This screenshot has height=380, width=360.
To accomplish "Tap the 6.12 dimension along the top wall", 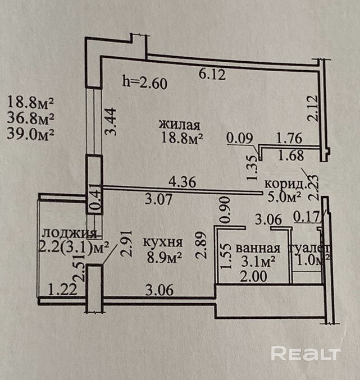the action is click(x=214, y=74).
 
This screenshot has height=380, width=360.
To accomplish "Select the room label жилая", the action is click(x=180, y=124).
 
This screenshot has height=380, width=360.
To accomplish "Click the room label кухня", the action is click(x=162, y=242).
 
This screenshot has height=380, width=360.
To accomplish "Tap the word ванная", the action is click(x=258, y=249).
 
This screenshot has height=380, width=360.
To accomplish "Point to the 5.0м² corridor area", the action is click(x=284, y=196).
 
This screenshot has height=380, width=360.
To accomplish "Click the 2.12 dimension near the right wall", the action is click(x=312, y=108).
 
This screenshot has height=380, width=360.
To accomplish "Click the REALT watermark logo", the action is click(x=306, y=353).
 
